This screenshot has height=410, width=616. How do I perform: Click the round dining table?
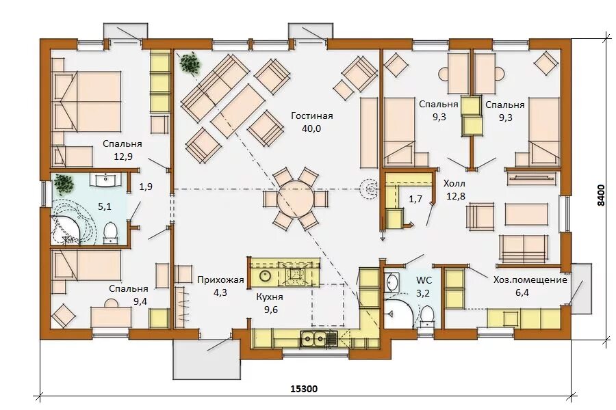click(296, 199)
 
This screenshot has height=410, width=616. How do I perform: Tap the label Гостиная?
click(312, 115)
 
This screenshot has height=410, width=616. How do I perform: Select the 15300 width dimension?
click(304, 389)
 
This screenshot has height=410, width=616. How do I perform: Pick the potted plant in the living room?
click(190, 62)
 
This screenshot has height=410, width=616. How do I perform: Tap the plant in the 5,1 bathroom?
click(64, 184)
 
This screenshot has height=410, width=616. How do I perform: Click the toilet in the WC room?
click(426, 316)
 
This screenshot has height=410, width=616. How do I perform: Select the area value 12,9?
click(123, 156)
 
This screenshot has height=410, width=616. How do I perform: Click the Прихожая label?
click(220, 279)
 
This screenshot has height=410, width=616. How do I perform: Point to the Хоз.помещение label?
click(530, 279)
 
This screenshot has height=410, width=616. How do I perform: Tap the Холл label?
click(454, 183)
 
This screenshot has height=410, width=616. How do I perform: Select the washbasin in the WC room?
click(392, 282)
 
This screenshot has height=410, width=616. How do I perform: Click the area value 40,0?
click(311, 128)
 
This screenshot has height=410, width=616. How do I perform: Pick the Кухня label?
click(270, 297)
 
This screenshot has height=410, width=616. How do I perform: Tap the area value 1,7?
click(415, 200)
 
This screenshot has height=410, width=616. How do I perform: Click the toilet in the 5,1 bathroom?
click(110, 232)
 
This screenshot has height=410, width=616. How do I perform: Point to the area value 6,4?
click(522, 292)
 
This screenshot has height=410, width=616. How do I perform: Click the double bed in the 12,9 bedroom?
click(86, 101)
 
